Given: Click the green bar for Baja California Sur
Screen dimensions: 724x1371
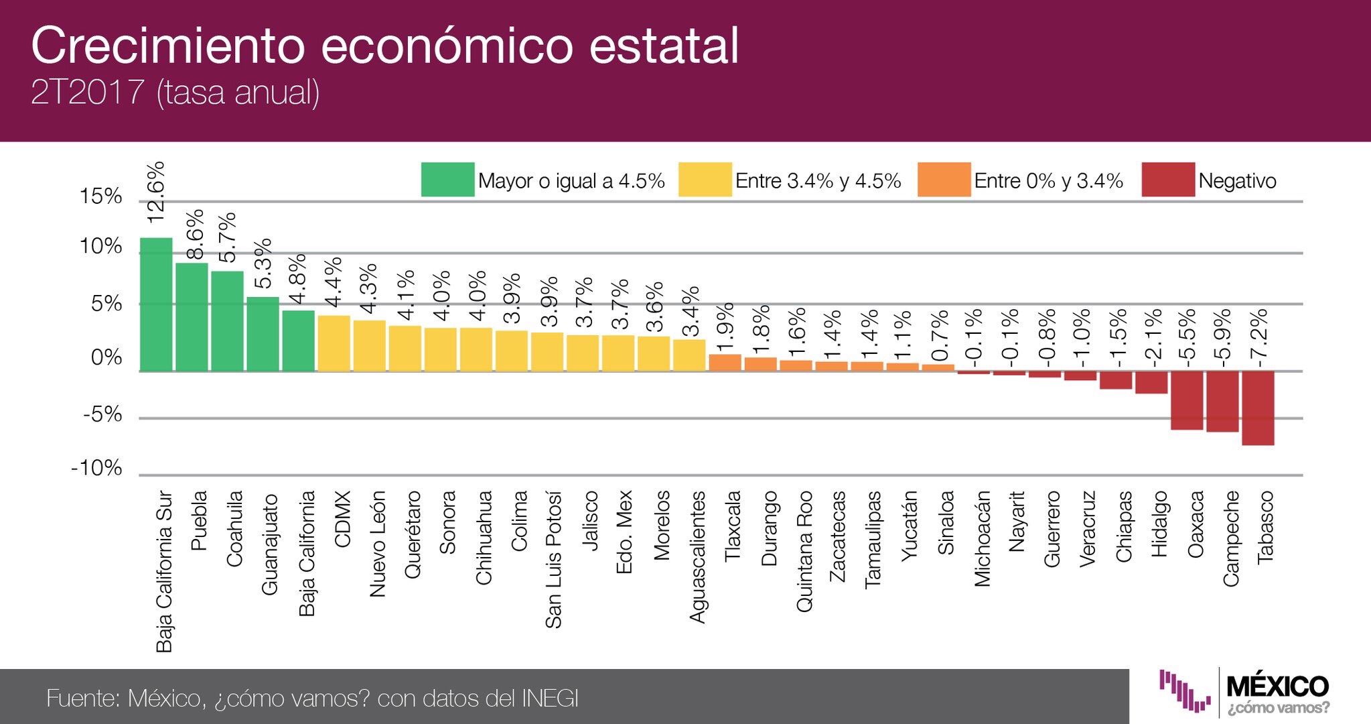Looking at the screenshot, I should point(156,304).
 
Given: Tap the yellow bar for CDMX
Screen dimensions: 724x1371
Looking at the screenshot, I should point(334,343).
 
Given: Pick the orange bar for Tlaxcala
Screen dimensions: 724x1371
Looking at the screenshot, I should point(725,363).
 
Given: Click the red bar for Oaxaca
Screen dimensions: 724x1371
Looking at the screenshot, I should point(1186,400).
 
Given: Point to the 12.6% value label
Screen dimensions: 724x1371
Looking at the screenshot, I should point(155,193).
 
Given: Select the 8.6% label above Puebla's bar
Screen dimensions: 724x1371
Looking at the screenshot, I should point(194,235).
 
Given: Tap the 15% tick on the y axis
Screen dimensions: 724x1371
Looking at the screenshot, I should point(100,196).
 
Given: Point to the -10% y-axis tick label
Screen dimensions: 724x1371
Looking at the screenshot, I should point(96,468).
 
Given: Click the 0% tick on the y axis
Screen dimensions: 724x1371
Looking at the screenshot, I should point(106,357).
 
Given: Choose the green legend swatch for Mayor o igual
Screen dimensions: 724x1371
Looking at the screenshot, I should point(447,180).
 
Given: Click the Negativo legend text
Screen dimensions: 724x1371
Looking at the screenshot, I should point(1237,181).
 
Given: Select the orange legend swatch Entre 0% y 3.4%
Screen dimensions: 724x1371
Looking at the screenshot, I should point(944,180).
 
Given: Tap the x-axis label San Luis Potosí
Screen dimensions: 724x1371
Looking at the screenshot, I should point(553,559).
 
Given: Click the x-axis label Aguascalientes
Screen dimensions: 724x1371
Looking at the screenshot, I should point(697,556).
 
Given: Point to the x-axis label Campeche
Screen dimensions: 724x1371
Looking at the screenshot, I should point(1231,538).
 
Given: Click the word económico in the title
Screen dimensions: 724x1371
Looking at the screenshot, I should point(447,46).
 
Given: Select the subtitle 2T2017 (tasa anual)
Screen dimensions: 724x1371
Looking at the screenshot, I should point(175,92).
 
